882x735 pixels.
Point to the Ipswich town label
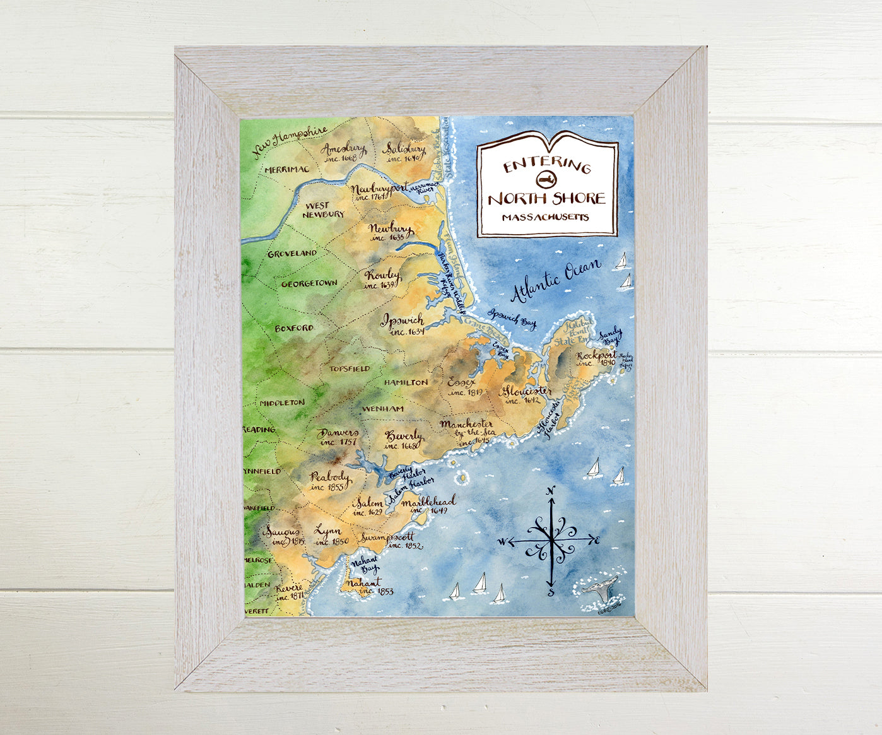point(403,320)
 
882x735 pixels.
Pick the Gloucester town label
point(527,391)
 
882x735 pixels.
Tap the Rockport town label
point(596,356)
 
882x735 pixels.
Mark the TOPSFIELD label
point(350,368)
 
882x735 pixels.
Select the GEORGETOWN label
point(309,284)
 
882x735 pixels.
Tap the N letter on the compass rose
point(551,491)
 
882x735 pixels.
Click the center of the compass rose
point(551,540)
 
